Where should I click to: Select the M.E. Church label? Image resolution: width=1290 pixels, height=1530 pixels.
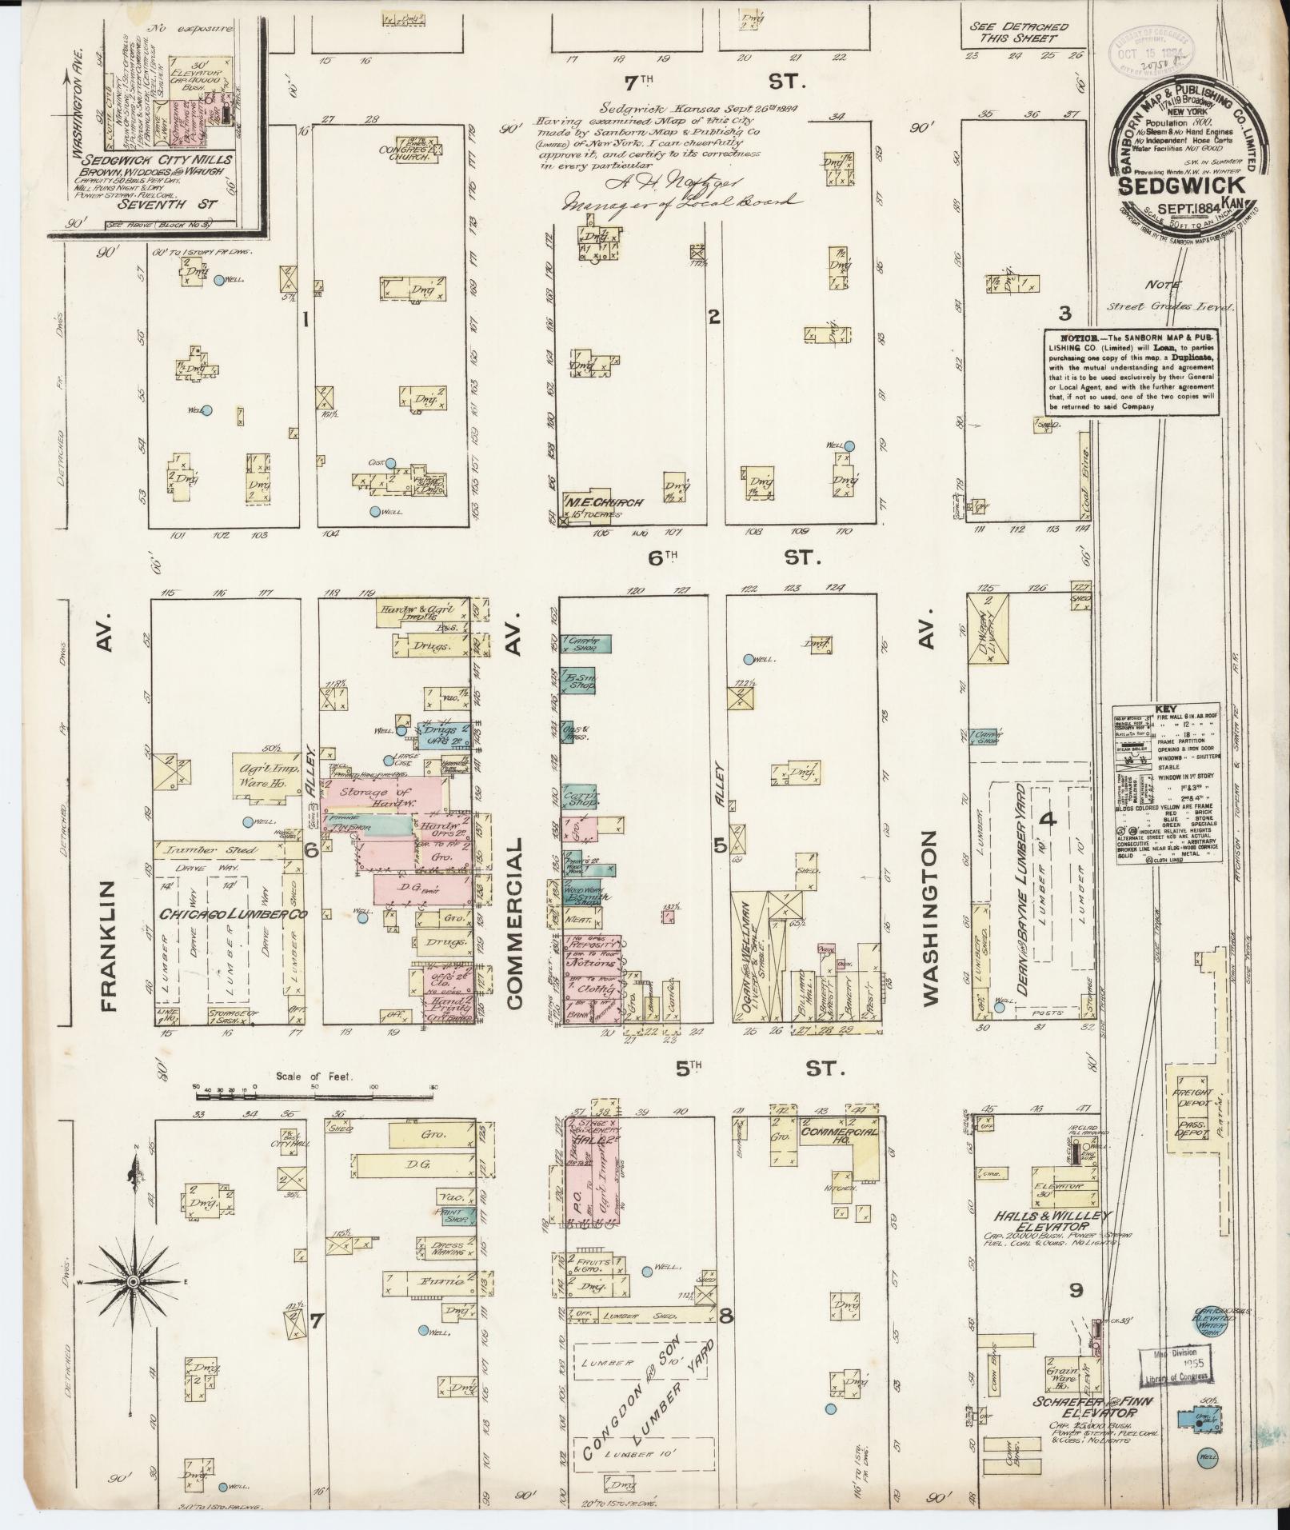[x=605, y=503]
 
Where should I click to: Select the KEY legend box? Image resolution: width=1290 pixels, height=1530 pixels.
[x=1168, y=784]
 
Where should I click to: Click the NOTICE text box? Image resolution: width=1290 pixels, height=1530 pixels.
[x=1131, y=373]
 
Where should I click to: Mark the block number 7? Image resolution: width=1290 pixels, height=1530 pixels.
[x=316, y=1322]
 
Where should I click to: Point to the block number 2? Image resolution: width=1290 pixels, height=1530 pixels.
[x=714, y=317]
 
